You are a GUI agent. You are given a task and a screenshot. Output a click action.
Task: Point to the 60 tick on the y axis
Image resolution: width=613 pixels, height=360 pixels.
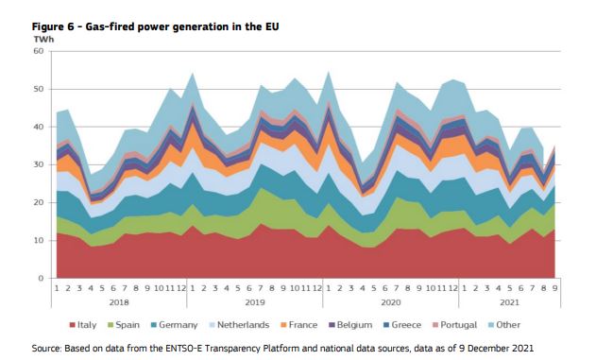pyautogui.click(x=40, y=51)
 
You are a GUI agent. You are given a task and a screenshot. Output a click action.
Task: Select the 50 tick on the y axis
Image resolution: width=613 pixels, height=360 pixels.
pyautogui.click(x=40, y=89)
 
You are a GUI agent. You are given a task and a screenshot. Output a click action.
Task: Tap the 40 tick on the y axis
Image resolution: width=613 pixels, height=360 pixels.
pyautogui.click(x=40, y=127)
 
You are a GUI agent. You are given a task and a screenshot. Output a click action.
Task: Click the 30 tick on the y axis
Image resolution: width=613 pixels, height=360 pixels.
pyautogui.click(x=40, y=164)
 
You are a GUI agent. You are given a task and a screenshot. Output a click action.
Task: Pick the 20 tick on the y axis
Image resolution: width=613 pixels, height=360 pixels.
pyautogui.click(x=40, y=202)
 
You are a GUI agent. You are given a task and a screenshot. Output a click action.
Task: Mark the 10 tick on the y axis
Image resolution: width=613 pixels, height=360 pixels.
pyautogui.click(x=40, y=240)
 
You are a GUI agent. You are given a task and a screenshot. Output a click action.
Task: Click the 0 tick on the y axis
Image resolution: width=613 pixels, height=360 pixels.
pyautogui.click(x=43, y=278)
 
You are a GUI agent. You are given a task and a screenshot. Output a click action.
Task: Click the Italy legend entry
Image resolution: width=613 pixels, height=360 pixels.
pyautogui.click(x=83, y=324)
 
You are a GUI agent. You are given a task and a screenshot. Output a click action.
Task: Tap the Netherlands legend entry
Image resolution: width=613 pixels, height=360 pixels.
pyautogui.click(x=244, y=324)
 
